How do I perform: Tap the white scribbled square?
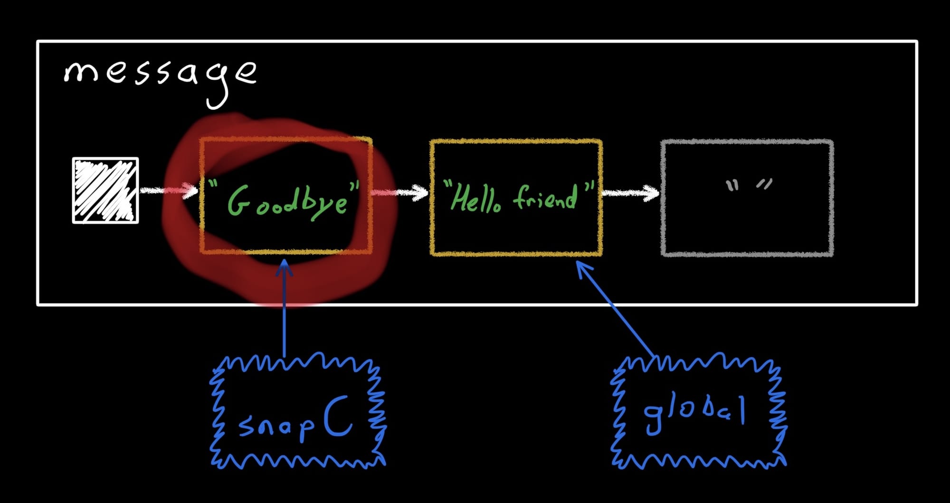(105, 190)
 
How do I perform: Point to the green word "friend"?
(546, 196)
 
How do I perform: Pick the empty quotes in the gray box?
(749, 184)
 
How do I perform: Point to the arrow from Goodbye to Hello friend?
(399, 192)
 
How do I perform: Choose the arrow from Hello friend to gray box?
(631, 193)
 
